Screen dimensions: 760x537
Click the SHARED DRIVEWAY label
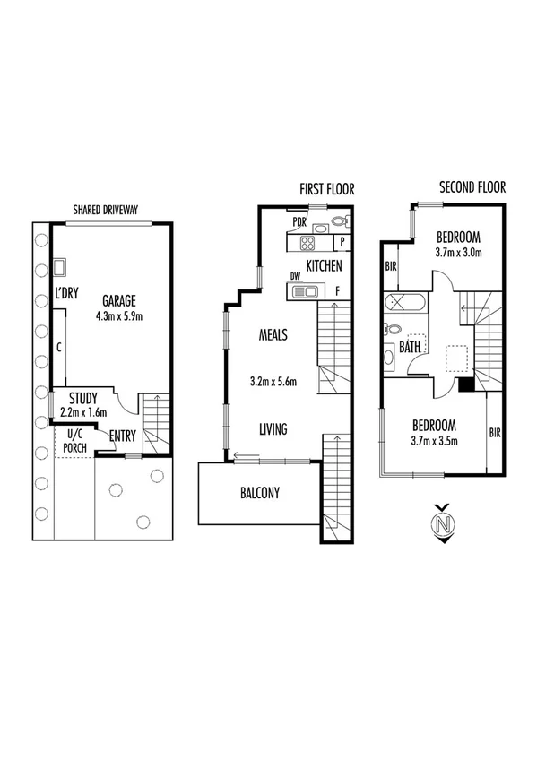point(110,211)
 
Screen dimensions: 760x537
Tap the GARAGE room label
point(119,300)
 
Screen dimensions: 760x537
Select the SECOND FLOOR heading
point(472,187)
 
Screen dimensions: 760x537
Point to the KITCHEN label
point(324,266)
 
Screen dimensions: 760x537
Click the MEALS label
point(273,335)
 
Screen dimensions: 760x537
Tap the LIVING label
point(273,429)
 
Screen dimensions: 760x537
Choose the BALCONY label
point(260,492)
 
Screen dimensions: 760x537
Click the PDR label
point(299,221)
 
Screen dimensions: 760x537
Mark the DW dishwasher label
point(293,276)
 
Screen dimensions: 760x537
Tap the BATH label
point(411,347)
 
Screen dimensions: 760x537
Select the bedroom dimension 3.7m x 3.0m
point(458,253)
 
